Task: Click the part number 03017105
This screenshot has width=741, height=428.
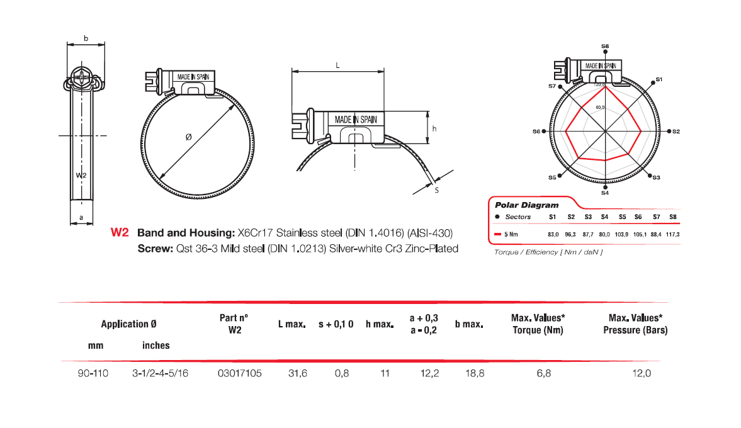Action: click(x=239, y=373)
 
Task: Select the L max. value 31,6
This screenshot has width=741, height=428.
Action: click(x=297, y=373)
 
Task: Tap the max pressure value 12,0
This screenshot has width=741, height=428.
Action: click(x=642, y=373)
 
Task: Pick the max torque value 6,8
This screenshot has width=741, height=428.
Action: click(x=544, y=373)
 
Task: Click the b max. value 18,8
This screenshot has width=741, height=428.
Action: click(x=474, y=373)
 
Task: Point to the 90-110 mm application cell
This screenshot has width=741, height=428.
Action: click(x=93, y=373)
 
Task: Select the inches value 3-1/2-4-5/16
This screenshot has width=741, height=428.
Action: click(x=161, y=373)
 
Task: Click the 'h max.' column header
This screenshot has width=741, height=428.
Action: click(x=380, y=325)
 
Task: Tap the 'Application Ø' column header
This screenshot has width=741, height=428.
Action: click(x=128, y=324)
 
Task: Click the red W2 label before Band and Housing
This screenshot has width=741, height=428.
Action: click(x=120, y=232)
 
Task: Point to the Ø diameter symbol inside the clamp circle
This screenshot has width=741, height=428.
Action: click(x=188, y=137)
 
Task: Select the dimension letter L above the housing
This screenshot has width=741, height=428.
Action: click(x=338, y=65)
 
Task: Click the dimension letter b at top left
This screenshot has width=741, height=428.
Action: click(x=86, y=39)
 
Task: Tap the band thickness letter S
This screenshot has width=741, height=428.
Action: click(x=436, y=189)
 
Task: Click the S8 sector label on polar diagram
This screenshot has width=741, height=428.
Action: click(x=605, y=46)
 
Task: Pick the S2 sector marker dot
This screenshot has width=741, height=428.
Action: click(x=669, y=132)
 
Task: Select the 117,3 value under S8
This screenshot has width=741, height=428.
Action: click(x=673, y=234)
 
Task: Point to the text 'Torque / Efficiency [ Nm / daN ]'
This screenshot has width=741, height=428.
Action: click(x=540, y=252)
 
